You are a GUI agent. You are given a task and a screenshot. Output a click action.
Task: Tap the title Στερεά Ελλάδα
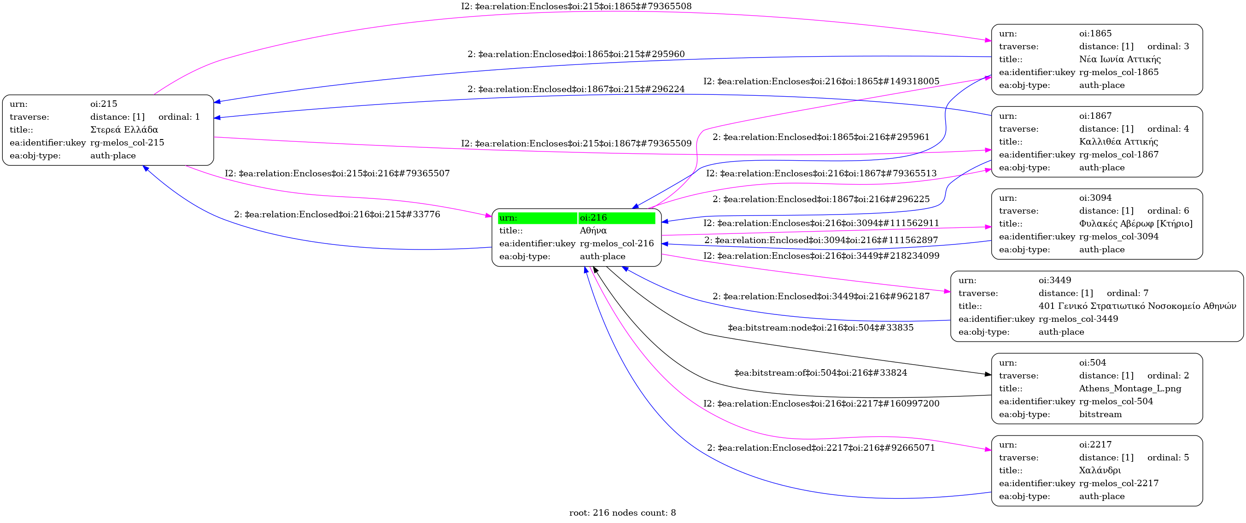point(124,129)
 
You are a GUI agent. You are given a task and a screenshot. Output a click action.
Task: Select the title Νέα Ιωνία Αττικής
point(1120,59)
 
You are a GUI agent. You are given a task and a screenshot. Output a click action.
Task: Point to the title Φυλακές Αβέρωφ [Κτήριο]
point(1135,224)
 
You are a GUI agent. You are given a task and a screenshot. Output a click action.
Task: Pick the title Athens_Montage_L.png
point(1130,389)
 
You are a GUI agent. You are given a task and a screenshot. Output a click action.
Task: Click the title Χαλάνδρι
point(1100,471)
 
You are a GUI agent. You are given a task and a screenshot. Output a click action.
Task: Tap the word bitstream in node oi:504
point(1100,414)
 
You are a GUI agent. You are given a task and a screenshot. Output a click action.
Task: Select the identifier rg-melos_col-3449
point(1078,319)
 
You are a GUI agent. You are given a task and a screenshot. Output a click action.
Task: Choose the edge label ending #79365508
point(576,6)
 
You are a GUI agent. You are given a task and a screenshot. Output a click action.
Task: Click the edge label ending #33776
point(337,214)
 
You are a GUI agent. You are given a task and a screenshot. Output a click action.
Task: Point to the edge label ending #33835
point(820,328)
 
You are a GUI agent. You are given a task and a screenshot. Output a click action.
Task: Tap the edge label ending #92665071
point(820,448)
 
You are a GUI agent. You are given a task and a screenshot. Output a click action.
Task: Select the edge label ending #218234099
point(821,256)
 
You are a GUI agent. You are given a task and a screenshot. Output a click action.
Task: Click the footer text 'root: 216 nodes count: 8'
point(622,513)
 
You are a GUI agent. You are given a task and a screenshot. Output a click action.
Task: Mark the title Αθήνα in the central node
point(593,231)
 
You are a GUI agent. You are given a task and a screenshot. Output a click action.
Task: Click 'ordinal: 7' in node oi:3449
point(1127,293)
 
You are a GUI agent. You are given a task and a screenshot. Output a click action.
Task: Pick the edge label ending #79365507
point(337,174)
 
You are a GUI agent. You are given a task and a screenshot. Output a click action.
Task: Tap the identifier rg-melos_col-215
point(127,143)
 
